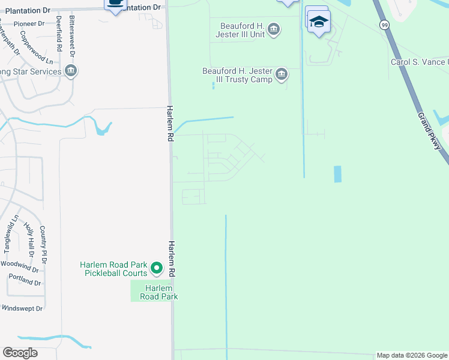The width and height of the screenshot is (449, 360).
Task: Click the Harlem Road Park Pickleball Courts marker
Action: coord(157,268)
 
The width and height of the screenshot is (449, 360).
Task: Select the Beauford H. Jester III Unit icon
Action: coord(274,29)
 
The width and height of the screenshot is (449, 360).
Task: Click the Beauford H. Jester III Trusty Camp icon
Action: coord(282,75)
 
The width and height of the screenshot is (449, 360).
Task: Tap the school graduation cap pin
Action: coord(318,22)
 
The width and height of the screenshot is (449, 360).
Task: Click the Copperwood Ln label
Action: coord(37,53)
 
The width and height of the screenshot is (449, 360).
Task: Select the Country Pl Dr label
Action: coord(43,244)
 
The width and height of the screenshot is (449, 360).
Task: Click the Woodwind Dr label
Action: coord(20,263)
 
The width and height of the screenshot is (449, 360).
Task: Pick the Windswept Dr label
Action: coord(22,308)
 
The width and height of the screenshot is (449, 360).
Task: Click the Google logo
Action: coord(20,353)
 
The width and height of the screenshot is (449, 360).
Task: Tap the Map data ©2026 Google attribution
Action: coord(412,356)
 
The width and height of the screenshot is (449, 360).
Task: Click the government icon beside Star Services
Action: coord(71,72)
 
